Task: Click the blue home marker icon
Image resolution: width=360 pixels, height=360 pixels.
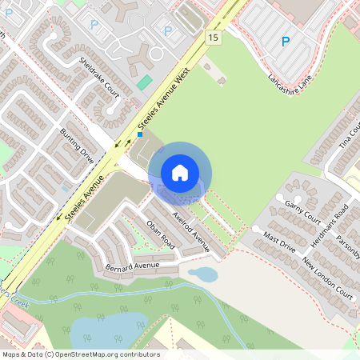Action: [x=179, y=173]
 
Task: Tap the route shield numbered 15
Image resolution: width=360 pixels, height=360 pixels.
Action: [x=212, y=38]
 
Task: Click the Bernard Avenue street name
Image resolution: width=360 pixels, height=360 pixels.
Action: [x=132, y=265]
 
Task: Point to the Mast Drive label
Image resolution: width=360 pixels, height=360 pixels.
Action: [x=281, y=240]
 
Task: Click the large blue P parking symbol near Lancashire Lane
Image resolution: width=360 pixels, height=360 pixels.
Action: [x=285, y=41]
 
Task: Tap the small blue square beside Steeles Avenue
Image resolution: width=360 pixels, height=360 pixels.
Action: [x=140, y=135]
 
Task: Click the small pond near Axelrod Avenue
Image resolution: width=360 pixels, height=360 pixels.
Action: [x=202, y=275]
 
